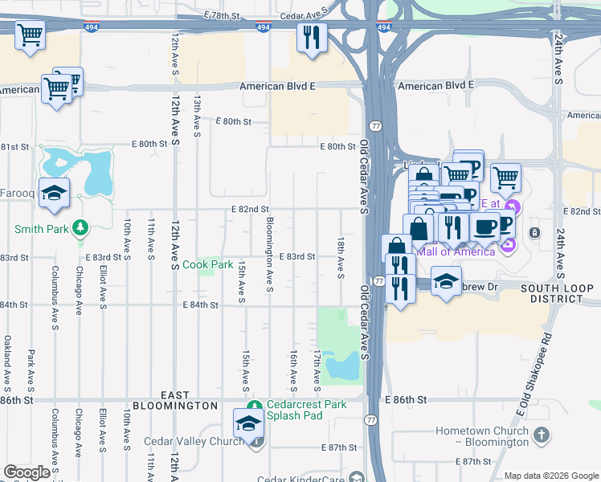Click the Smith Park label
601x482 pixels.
coord(40,229)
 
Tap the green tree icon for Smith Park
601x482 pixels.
coord(80,229)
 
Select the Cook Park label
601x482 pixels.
coord(207,264)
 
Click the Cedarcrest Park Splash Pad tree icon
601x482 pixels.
coord(254,405)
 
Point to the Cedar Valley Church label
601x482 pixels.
coord(193,441)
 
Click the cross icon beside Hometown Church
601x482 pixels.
coord(542,435)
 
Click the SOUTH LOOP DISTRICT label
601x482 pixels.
coord(550,292)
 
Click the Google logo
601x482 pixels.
coord(27,472)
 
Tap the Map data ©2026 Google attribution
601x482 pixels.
coord(551,476)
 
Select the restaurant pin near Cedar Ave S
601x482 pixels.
coord(312,38)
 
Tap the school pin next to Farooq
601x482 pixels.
coord(55,194)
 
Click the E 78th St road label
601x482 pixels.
coord(222,16)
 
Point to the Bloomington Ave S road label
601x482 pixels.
coord(269,255)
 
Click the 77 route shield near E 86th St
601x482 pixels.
coord(371,419)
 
